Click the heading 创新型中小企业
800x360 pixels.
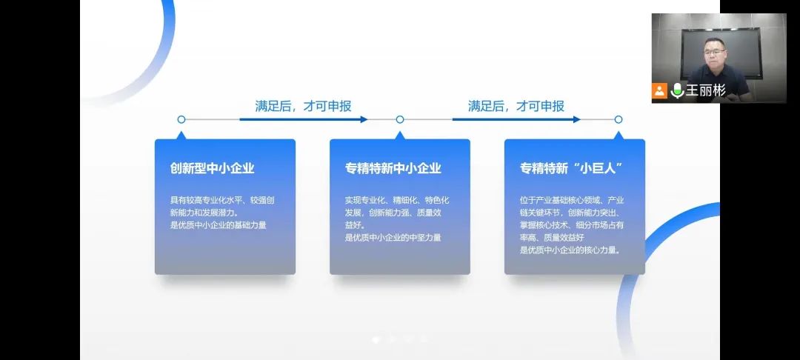tap(212, 168)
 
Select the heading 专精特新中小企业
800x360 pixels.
tap(393, 168)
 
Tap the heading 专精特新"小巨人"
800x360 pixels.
tap(570, 168)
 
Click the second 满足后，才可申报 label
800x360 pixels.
tap(516, 106)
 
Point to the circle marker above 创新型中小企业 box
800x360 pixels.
tap(181, 119)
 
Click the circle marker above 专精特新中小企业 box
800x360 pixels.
tap(400, 119)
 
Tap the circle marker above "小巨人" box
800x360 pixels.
tap(619, 119)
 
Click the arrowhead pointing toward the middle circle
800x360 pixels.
tap(364, 119)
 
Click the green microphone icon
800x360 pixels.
tap(677, 90)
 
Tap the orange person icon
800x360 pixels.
tap(659, 90)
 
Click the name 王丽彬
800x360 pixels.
tap(705, 90)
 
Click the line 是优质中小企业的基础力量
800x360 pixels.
tap(218, 224)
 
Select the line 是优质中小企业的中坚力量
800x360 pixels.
tap(393, 237)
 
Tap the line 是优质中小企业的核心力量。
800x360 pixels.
tap(570, 250)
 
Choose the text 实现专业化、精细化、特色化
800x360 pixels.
tap(396, 200)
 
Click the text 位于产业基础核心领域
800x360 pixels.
tap(561, 200)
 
